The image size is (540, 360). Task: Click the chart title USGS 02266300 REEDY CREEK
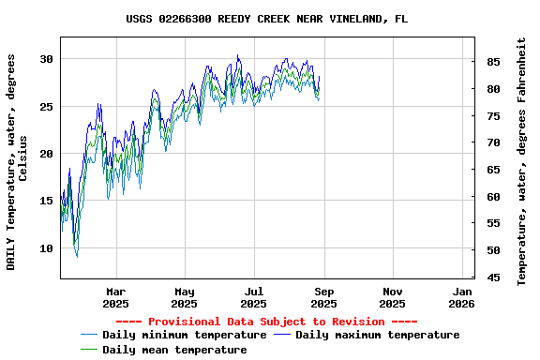267,19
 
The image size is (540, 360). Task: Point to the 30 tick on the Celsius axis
46,59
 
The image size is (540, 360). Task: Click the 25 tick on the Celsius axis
46,106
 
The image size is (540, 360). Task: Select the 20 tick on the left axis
46,154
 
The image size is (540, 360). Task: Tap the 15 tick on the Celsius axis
46,201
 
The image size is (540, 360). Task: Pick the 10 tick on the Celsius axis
46,248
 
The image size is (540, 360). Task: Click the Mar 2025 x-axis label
115,297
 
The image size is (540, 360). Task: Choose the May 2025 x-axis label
185,297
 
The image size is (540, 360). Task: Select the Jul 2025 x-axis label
254,297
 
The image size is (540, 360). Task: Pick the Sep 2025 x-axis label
323,297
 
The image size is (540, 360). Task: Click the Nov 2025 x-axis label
393,297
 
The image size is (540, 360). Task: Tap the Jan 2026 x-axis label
461,297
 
